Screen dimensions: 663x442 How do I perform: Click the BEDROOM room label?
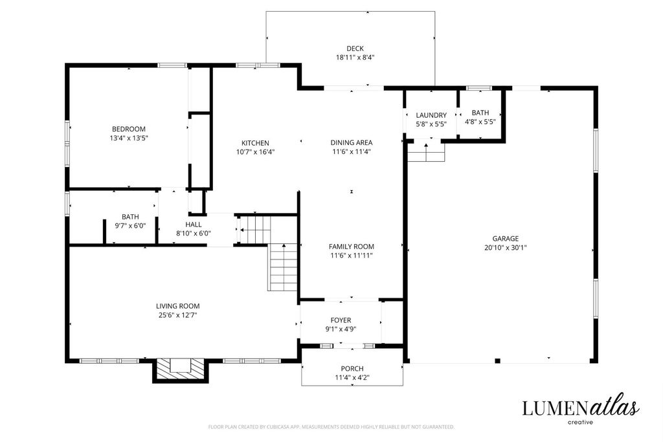129,129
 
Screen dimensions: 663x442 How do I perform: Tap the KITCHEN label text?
255,143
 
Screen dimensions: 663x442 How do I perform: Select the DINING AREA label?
352,142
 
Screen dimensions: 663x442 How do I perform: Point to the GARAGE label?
505,238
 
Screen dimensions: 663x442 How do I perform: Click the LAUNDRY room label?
431,115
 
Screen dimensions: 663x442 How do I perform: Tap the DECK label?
355,49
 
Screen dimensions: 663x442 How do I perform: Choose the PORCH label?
352,368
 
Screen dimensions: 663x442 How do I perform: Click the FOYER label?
341,320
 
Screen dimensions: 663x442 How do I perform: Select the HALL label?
193,225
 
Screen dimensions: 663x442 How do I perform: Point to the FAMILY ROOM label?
352,247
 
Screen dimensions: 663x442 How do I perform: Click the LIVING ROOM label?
177,306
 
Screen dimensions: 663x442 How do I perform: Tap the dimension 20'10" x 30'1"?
505,248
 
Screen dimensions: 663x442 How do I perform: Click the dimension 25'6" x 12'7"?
177,315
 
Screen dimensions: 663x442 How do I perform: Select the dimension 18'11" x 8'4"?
355,58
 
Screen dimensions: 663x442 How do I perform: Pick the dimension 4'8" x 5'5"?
480,122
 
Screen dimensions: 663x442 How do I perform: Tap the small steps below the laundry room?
426,151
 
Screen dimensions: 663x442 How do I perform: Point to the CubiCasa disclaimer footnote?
331,426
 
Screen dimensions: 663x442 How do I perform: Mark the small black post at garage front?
498,360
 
